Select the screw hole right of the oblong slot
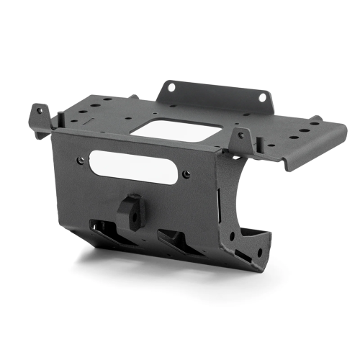[186, 174]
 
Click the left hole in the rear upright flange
[171, 88]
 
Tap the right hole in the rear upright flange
[263, 96]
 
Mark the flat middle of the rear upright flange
[216, 92]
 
